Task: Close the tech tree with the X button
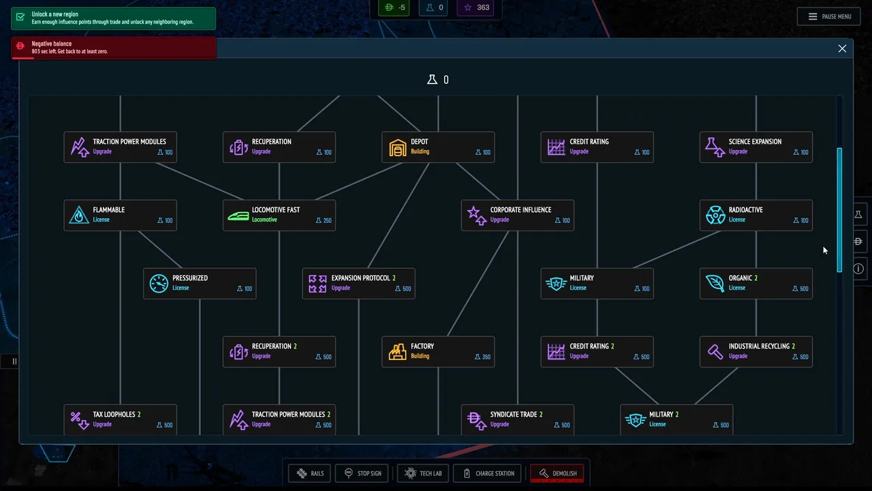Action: pyautogui.click(x=842, y=48)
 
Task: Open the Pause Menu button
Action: pyautogui.click(x=829, y=16)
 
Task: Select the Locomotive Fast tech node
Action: pyautogui.click(x=279, y=215)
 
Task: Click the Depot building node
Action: pyautogui.click(x=438, y=147)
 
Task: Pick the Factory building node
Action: pyautogui.click(x=438, y=351)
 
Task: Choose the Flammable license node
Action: pyautogui.click(x=121, y=215)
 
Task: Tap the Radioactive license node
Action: pyautogui.click(x=756, y=215)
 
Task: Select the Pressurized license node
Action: pyautogui.click(x=200, y=283)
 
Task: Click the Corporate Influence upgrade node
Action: pyautogui.click(x=518, y=215)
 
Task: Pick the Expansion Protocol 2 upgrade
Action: pyautogui.click(x=358, y=283)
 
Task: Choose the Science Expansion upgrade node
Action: pyautogui.click(x=756, y=147)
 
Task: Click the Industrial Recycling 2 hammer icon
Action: pyautogui.click(x=715, y=352)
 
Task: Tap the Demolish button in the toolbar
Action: pyautogui.click(x=557, y=473)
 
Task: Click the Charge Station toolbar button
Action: pyautogui.click(x=487, y=473)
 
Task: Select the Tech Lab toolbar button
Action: pyautogui.click(x=423, y=473)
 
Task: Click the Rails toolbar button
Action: pyautogui.click(x=309, y=473)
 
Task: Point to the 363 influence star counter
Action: pyautogui.click(x=476, y=8)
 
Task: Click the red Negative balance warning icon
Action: pyautogui.click(x=20, y=46)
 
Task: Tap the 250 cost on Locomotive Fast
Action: pyautogui.click(x=324, y=220)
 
